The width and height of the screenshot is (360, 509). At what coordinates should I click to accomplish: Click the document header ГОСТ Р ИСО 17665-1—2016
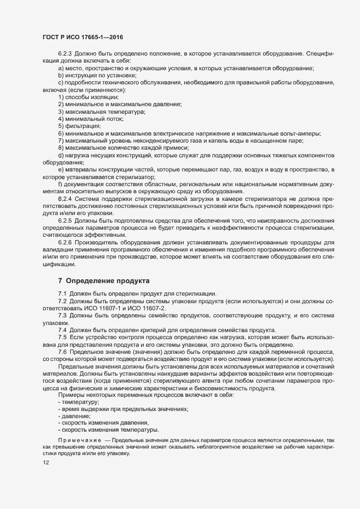[x=86, y=36]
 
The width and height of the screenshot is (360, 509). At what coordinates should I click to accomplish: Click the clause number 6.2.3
[x=65, y=55]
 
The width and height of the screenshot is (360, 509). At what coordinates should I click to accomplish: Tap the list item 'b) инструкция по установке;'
[x=97, y=76]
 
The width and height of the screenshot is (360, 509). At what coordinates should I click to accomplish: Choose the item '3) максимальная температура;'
[x=101, y=111]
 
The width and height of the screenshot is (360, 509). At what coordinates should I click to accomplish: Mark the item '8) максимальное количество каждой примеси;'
[x=123, y=147]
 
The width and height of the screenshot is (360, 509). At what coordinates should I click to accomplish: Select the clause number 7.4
[x=62, y=330]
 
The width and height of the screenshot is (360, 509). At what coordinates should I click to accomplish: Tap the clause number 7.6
[x=62, y=352]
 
